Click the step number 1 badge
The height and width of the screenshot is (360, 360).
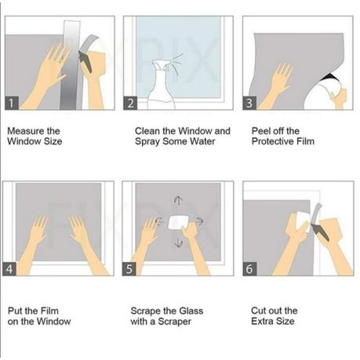[x=12, y=103]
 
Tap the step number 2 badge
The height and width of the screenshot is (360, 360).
[x=130, y=103]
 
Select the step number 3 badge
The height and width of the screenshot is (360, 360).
[x=249, y=103]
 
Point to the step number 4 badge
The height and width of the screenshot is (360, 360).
[x=9, y=269]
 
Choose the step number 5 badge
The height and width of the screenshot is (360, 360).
[x=129, y=269]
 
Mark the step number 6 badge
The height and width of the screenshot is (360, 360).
[x=249, y=269]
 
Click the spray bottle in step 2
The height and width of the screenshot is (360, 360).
[x=162, y=84]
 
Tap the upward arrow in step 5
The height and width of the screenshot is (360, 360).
[x=178, y=200]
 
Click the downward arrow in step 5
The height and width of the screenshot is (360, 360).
[x=179, y=243]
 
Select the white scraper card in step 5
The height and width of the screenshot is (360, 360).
[x=178, y=223]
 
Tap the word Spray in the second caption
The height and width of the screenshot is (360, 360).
[x=147, y=142]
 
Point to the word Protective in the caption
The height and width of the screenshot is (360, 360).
[x=273, y=141]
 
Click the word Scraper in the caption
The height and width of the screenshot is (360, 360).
[x=174, y=322]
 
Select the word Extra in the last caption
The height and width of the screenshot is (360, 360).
[x=262, y=321]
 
